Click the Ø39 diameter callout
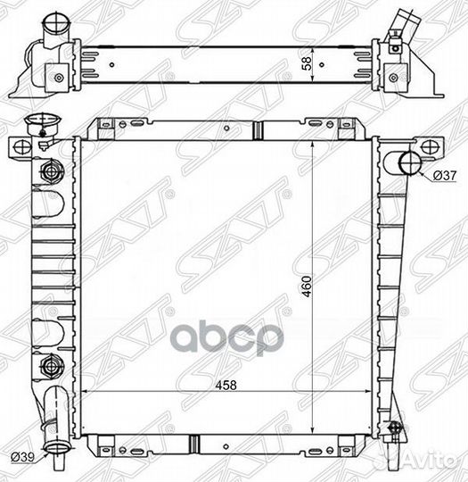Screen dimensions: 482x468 coord(23,458)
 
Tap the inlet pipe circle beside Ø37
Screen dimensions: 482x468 coord(408,162)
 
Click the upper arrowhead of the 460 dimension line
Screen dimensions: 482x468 coord(312,145)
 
